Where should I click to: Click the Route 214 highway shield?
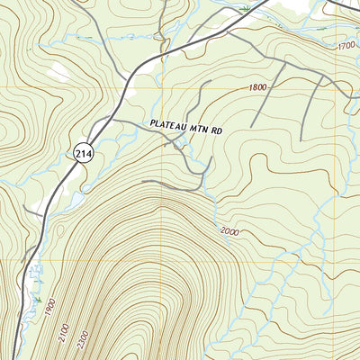point(84,152)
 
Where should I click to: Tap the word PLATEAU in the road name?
point(169,128)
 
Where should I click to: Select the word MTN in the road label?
point(203,128)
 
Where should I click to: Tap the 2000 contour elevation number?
point(229,232)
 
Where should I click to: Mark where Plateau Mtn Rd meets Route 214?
point(110,118)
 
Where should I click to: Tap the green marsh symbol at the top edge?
point(245,8)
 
